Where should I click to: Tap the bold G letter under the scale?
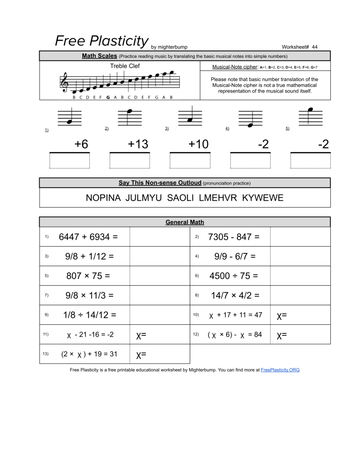108,97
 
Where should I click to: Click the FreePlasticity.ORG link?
280,370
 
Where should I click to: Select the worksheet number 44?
314,47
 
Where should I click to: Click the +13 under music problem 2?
138,144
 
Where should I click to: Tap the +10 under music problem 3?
198,144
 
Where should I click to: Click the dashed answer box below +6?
70,161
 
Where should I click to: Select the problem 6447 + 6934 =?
88,237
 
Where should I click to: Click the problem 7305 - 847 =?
233,237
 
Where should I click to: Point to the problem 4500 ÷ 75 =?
233,276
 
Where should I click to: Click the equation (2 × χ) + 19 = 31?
89,354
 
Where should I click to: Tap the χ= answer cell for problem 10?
300,315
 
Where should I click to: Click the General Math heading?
185,222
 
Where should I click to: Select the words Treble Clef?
125,66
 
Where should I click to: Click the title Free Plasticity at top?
101,41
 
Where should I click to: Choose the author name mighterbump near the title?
172,47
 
